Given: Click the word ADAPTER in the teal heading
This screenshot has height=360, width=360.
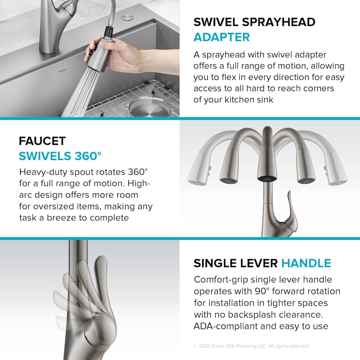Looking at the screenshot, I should pos(222,37).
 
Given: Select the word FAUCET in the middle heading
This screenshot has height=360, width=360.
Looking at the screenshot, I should pos(42,141).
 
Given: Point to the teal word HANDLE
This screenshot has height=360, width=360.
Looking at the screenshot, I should pos(306,263).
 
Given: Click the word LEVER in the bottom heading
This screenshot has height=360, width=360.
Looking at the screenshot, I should pos(260,263).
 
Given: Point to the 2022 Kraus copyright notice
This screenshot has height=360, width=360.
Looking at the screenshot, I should pos(251,346).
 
